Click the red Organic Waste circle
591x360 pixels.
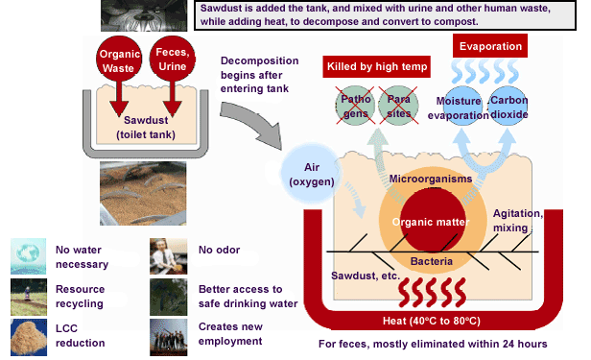click(119, 60)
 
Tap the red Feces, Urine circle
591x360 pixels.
click(173, 59)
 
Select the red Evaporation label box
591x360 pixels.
click(490, 46)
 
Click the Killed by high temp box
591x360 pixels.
click(376, 67)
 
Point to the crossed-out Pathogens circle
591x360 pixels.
click(355, 106)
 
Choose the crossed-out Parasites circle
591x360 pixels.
click(398, 106)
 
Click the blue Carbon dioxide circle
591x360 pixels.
click(508, 106)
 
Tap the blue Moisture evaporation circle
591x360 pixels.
click(462, 106)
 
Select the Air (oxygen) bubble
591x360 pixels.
click(311, 174)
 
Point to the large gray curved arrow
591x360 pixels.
click(251, 123)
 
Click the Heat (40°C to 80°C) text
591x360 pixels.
click(432, 321)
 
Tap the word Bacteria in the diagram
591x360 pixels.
click(432, 261)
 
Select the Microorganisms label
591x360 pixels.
click(431, 179)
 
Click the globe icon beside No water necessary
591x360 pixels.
click(29, 256)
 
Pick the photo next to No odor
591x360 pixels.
click(169, 256)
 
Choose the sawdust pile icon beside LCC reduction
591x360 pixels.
click(29, 337)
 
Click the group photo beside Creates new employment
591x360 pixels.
click(169, 337)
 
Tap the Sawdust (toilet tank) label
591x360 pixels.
click(146, 128)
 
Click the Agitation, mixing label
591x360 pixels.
click(517, 221)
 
